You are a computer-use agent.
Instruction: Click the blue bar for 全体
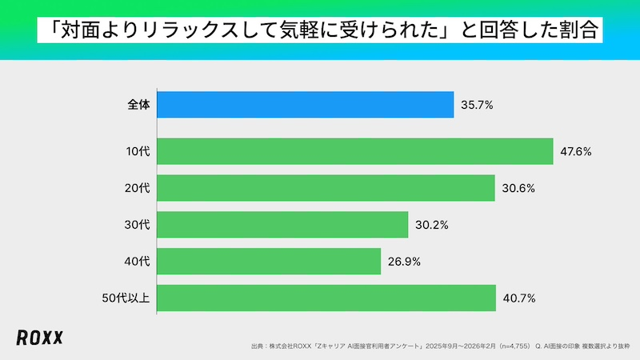coord(306,105)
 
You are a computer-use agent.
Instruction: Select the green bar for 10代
coord(355,151)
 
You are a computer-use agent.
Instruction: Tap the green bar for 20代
coord(326,188)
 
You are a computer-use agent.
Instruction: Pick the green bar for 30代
coord(282,225)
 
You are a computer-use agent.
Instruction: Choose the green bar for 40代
coord(269,262)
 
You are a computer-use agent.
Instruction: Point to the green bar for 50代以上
coord(326,298)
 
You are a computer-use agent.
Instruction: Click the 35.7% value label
coord(477,105)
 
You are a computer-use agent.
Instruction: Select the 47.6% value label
coord(575,151)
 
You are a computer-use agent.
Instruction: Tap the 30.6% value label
coord(518,188)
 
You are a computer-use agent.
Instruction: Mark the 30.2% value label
coord(431,225)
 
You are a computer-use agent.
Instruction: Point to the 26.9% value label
coord(404,262)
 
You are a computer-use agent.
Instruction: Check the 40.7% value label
coord(519,298)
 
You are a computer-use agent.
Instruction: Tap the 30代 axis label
coord(138,225)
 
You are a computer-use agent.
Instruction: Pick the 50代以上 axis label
coord(127,298)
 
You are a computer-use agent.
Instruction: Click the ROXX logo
coord(39,338)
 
